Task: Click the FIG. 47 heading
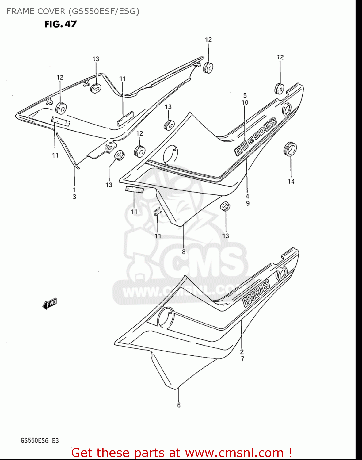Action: (61, 24)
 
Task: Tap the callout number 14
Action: (291, 182)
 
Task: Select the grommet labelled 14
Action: (290, 149)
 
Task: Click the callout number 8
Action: (184, 252)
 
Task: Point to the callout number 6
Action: (179, 405)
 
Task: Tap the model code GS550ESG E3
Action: (40, 441)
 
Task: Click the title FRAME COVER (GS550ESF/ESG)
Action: (73, 11)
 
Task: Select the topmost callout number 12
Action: (208, 40)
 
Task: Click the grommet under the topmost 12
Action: (208, 67)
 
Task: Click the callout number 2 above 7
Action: (242, 352)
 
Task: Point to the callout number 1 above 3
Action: (74, 190)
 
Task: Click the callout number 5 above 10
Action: (245, 95)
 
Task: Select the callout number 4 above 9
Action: (247, 196)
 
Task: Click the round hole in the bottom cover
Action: (166, 317)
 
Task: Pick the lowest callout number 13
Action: (226, 236)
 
